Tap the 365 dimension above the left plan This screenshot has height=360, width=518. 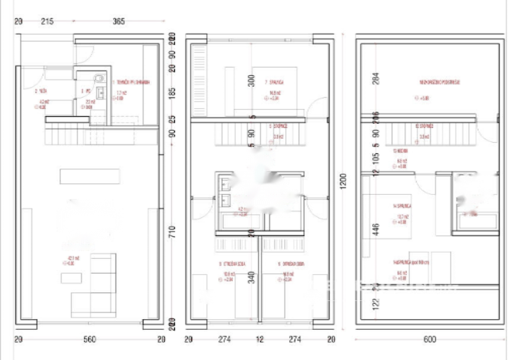point(119,21)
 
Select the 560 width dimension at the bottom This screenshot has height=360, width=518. point(89,339)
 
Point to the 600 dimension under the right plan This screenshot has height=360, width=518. point(430,339)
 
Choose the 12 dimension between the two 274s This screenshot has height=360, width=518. point(258,339)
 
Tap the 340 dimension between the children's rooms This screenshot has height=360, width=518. point(251,277)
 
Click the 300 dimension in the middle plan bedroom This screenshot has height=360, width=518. point(251,81)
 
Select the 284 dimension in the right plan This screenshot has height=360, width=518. point(375,79)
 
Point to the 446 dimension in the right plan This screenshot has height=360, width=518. point(375,230)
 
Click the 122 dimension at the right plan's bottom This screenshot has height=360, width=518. point(375,304)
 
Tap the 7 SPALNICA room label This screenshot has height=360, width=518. point(274,82)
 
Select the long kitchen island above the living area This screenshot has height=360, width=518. point(89,176)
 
